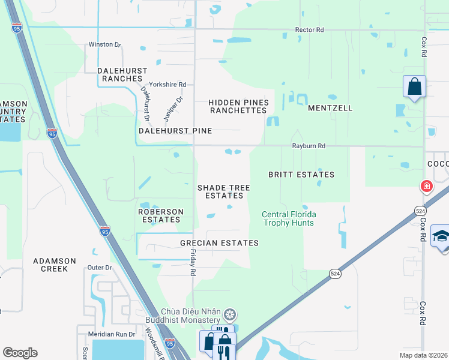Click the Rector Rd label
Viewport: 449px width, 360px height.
click(x=309, y=29)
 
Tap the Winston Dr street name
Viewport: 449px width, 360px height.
click(x=104, y=44)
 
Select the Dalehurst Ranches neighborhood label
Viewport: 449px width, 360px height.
click(x=122, y=74)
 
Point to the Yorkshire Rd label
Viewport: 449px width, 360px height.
click(x=168, y=85)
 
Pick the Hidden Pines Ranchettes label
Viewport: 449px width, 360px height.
click(x=238, y=107)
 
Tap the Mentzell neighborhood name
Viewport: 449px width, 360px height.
click(x=330, y=108)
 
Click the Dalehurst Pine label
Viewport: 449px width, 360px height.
click(x=175, y=130)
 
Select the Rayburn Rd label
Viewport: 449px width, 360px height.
click(x=309, y=146)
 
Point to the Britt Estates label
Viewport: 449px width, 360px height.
click(x=301, y=175)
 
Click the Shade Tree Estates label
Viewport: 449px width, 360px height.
click(x=224, y=191)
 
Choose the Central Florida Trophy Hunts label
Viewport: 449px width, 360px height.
click(x=289, y=218)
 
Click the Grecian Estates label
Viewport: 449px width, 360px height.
click(x=219, y=243)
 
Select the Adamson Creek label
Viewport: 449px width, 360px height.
click(x=55, y=265)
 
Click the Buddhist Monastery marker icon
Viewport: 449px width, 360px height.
click(x=229, y=315)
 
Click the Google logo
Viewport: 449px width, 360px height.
click(x=20, y=353)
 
